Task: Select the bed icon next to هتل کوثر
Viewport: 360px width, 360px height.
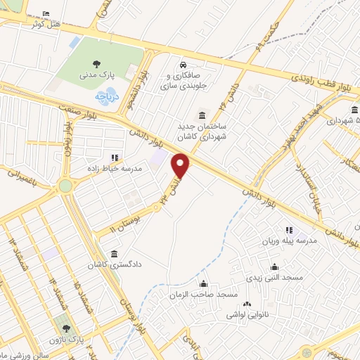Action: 46,14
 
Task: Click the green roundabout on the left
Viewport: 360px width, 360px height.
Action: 65,186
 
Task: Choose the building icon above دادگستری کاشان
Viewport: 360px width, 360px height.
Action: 115,254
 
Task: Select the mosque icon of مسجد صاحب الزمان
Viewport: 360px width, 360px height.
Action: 204,285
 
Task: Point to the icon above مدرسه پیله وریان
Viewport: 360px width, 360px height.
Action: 288,229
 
